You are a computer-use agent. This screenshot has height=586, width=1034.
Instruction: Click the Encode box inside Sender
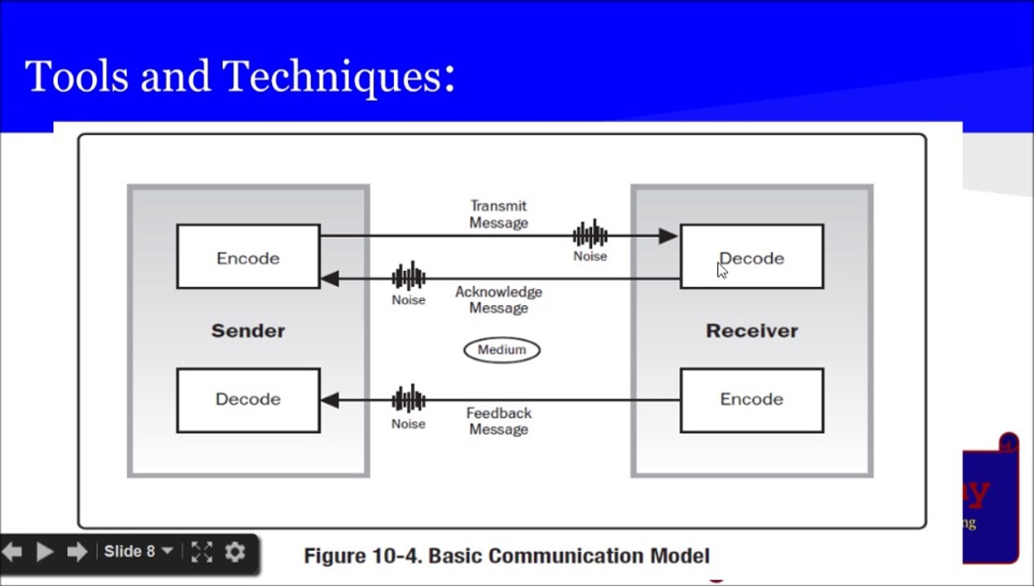tap(248, 257)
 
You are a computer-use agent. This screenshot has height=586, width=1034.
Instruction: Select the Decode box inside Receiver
tap(751, 257)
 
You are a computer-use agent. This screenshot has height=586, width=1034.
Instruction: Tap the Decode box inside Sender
tap(248, 400)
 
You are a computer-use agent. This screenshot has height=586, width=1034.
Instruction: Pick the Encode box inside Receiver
tap(751, 400)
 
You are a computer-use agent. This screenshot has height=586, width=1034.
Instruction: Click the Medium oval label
tap(502, 350)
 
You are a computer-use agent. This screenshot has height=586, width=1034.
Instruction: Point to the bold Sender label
tap(248, 330)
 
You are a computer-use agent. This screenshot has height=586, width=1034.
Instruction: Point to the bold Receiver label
tap(751, 330)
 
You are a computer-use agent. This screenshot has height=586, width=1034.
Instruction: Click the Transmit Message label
tap(498, 214)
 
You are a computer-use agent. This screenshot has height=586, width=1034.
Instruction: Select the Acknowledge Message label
tap(498, 300)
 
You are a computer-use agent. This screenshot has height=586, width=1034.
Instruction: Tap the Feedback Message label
tap(498, 421)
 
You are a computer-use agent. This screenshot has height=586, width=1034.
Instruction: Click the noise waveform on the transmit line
tap(590, 235)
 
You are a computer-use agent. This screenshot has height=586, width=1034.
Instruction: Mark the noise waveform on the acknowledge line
tap(409, 278)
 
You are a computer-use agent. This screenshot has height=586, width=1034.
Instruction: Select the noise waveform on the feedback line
tap(409, 400)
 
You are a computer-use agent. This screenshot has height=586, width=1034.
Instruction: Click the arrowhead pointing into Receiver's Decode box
tap(668, 236)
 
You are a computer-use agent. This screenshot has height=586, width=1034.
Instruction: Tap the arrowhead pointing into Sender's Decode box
tap(330, 400)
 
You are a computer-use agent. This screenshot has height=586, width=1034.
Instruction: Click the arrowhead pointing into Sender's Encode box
tap(330, 278)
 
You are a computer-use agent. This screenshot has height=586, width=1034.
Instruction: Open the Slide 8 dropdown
tap(138, 552)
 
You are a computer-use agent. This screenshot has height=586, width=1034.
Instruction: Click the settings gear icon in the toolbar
tap(234, 552)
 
